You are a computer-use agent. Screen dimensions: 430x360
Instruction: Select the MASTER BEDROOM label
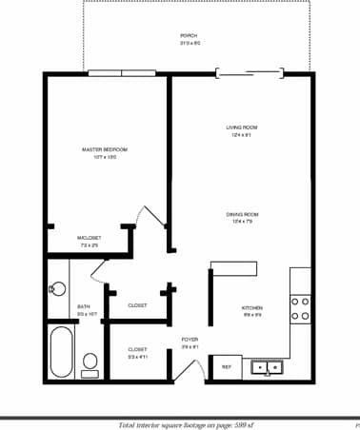coord(105,150)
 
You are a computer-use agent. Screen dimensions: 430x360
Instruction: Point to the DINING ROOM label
coord(242,215)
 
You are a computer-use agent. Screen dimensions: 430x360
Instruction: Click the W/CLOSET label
coord(88,238)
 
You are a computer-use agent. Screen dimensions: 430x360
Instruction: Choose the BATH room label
coord(84,306)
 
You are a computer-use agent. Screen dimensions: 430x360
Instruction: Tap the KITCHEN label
coord(252,308)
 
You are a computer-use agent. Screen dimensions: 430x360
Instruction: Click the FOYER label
coord(190,340)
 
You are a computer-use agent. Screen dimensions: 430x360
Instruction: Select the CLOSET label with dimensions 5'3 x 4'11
coord(137,349)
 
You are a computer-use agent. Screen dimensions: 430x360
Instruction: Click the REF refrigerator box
coord(227,366)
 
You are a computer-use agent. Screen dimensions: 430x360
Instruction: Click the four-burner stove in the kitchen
coord(299,308)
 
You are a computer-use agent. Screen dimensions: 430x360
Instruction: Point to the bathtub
coord(61,352)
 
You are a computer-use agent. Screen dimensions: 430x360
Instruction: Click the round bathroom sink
coord(56,287)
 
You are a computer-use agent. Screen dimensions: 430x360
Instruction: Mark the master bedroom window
coord(121,73)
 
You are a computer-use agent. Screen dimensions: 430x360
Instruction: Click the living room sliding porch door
coord(250,72)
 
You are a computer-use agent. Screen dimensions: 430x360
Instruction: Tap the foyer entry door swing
coord(188,372)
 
